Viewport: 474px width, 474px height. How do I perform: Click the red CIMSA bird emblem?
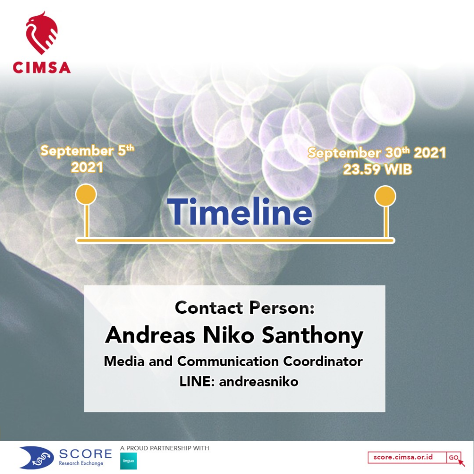pyautogui.click(x=41, y=33)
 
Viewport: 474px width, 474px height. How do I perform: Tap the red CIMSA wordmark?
pyautogui.click(x=42, y=68)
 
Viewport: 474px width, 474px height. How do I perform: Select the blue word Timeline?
pyautogui.click(x=239, y=212)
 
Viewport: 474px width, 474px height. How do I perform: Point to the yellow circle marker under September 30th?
pyautogui.click(x=385, y=196)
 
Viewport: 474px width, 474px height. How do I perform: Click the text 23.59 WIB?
pyautogui.click(x=378, y=169)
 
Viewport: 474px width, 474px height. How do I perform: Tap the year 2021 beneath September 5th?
pyautogui.click(x=87, y=167)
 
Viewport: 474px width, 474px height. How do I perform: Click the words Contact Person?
pyautogui.click(x=244, y=308)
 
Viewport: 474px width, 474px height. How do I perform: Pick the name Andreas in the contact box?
pyautogui.click(x=150, y=335)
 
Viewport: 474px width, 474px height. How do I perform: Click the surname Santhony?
pyautogui.click(x=312, y=337)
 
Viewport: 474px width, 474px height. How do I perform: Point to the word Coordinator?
pyautogui.click(x=323, y=361)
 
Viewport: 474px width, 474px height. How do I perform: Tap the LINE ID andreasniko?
pyautogui.click(x=259, y=381)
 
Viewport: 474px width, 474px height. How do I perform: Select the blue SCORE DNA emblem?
pyautogui.click(x=37, y=457)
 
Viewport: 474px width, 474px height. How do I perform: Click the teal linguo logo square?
pyautogui.click(x=129, y=461)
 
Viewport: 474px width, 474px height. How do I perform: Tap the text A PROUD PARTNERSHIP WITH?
pyautogui.click(x=164, y=448)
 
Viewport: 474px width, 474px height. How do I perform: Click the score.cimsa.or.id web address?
pyautogui.click(x=403, y=457)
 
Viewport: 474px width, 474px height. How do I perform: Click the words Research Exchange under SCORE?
pyautogui.click(x=81, y=463)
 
